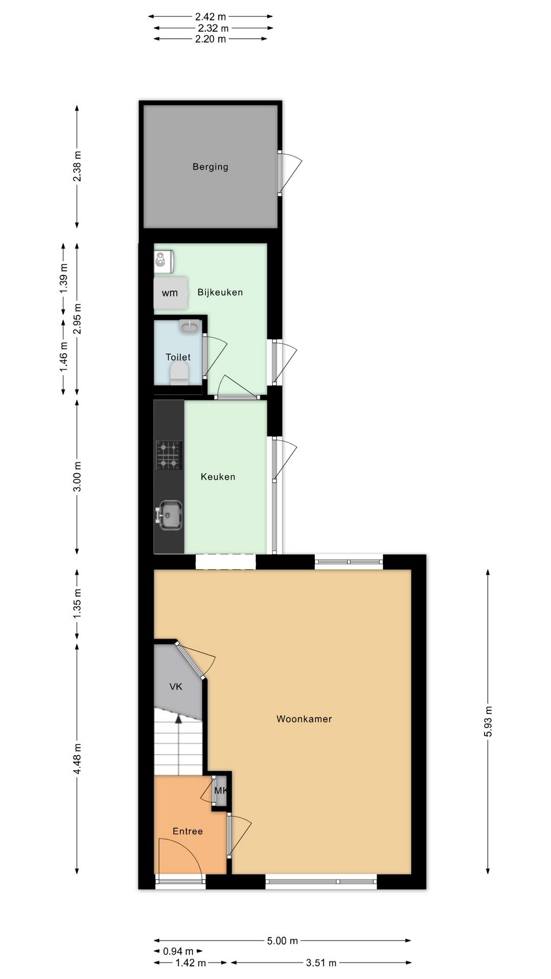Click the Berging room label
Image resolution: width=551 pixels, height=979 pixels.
coord(210,167)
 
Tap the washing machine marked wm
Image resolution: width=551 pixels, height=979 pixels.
coord(170,293)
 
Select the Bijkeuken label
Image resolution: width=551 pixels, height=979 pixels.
coord(220,292)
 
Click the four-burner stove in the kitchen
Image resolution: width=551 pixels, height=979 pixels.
coord(169,455)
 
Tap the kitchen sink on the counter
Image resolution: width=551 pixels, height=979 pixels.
coord(169,514)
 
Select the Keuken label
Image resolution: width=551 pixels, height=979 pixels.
coord(218,477)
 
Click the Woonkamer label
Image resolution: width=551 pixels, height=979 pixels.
coord(304,719)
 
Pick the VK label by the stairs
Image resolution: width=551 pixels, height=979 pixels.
coord(176,686)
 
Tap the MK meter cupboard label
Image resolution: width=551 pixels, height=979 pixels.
coord(220,791)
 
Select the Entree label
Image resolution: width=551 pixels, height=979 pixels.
coord(188,831)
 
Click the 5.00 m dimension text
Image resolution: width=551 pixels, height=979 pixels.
coord(282,941)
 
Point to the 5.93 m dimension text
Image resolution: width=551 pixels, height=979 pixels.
coord(488,722)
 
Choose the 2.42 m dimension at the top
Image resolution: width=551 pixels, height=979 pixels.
coord(210,17)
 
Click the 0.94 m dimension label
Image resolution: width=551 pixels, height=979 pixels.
coord(178,951)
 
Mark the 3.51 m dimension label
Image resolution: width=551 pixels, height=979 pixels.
coord(321,963)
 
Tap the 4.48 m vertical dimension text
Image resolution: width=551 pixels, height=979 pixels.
coord(77,759)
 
